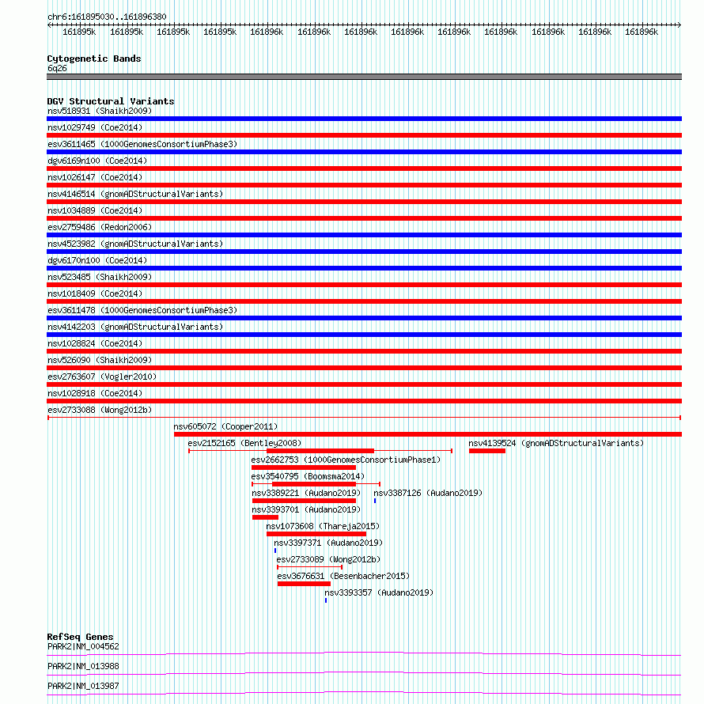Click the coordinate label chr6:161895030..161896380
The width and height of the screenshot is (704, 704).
[x=107, y=17]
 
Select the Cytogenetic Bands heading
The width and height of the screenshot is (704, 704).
[x=94, y=59]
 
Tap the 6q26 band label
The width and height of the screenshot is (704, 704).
[x=57, y=68]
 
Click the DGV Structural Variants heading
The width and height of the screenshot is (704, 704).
[x=111, y=101]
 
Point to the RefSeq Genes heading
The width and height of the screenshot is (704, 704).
[x=80, y=637]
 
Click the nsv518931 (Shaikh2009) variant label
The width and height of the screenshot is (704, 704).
[x=100, y=111]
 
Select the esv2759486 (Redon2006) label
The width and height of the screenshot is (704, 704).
[x=100, y=227]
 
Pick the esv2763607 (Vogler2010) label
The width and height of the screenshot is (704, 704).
[x=102, y=377]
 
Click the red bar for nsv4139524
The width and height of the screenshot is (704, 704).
[x=487, y=451]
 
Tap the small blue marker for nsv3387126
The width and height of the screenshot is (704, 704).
[x=375, y=501]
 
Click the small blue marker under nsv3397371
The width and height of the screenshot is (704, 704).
[x=275, y=551]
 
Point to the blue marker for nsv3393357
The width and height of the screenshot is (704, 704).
[x=326, y=600]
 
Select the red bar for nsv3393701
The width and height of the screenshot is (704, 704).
[x=265, y=517]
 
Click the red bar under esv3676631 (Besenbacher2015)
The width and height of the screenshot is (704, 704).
[x=304, y=584]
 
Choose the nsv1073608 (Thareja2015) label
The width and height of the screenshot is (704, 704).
[x=323, y=526]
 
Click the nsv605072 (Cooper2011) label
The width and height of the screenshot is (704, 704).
[x=226, y=426]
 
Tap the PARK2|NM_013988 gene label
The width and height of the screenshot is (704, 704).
[x=83, y=666]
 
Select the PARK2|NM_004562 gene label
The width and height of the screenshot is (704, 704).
[x=83, y=646]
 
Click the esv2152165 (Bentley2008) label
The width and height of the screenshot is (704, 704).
[x=244, y=443]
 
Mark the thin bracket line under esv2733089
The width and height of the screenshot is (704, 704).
[x=310, y=567]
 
